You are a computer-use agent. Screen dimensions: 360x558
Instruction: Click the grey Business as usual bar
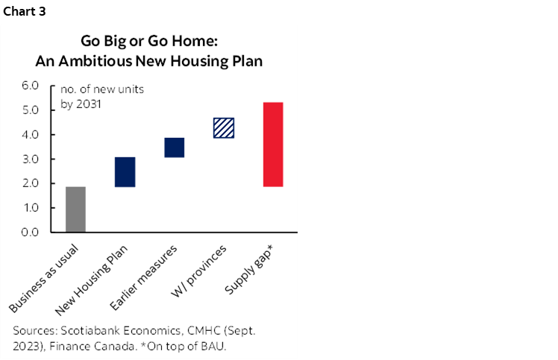pos(75,209)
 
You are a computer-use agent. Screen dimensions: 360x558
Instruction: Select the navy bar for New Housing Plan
pos(125,172)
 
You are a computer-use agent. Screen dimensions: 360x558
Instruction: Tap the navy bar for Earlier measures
pos(174,148)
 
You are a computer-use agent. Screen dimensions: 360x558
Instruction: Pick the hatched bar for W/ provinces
pos(224,128)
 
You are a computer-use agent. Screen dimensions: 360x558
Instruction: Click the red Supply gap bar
pos(273,145)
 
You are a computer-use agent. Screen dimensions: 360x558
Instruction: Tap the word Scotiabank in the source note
pos(90,330)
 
